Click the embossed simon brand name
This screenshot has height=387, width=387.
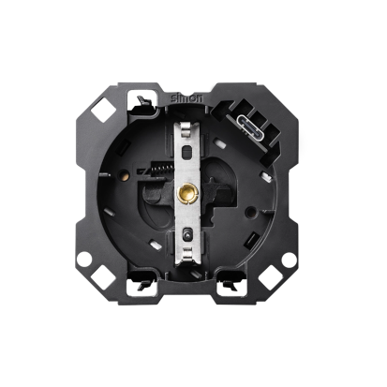(186, 97)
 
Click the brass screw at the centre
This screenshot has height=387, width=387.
(186, 194)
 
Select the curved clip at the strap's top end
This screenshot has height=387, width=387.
(186, 129)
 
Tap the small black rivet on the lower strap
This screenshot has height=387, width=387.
(186, 233)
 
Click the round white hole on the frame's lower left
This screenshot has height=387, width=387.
(84, 259)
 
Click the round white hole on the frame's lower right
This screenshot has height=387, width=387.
(289, 260)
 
